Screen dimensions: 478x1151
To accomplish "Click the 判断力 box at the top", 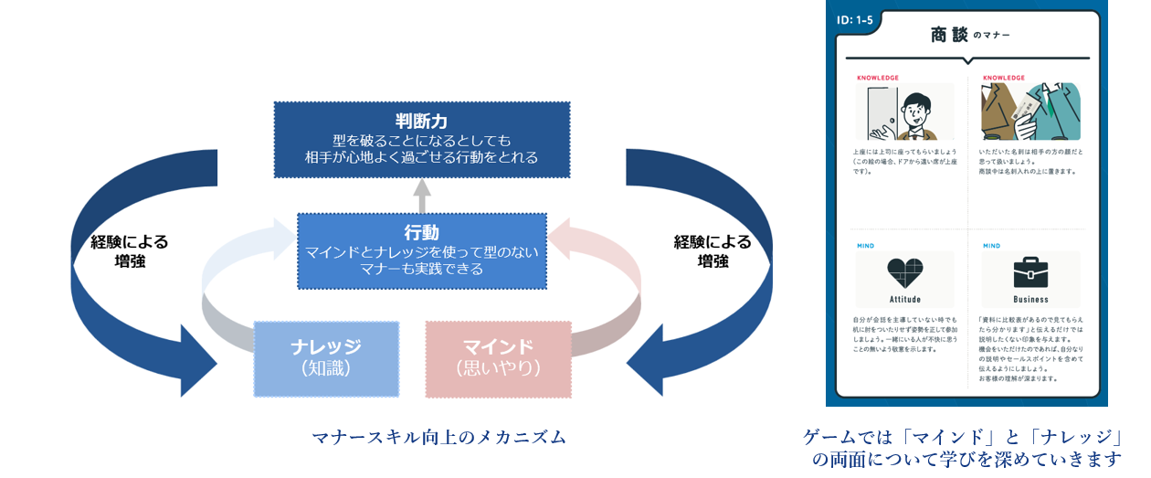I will pyautogui.click(x=421, y=139).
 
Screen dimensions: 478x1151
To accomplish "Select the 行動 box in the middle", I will pyautogui.click(x=421, y=250).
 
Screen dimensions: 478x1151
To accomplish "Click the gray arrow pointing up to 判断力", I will pyautogui.click(x=421, y=195).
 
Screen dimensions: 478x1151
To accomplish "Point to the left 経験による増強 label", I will pyautogui.click(x=130, y=251).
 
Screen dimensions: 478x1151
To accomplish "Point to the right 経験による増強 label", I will pyautogui.click(x=713, y=251).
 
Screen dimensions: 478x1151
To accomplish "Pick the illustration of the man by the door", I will pyautogui.click(x=904, y=112).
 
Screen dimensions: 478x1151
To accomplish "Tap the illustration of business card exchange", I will pyautogui.click(x=1030, y=112).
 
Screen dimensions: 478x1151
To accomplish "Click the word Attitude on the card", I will pyautogui.click(x=904, y=299).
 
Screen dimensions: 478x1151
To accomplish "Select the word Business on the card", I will pyautogui.click(x=1030, y=299).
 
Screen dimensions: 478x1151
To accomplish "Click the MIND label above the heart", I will pyautogui.click(x=865, y=246).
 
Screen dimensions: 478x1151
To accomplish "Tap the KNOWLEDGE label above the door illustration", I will pyautogui.click(x=878, y=78).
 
